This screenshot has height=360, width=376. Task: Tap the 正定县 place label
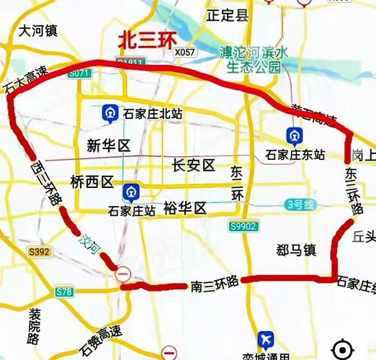pos(227,14)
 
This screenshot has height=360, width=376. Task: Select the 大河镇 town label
pos(39,31)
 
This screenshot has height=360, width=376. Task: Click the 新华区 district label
pos(107,146)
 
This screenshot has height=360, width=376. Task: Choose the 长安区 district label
pos(194,166)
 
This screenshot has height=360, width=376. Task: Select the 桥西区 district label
pos(92,181)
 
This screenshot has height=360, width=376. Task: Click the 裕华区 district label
pos(185,209)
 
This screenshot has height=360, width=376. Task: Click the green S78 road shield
pos(64,292)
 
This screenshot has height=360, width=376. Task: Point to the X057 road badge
pos(184,53)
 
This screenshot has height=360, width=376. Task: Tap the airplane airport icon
pos(266,339)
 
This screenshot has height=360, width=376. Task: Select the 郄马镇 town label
pos(295,251)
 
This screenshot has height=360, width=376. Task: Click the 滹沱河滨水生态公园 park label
pos(253,59)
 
